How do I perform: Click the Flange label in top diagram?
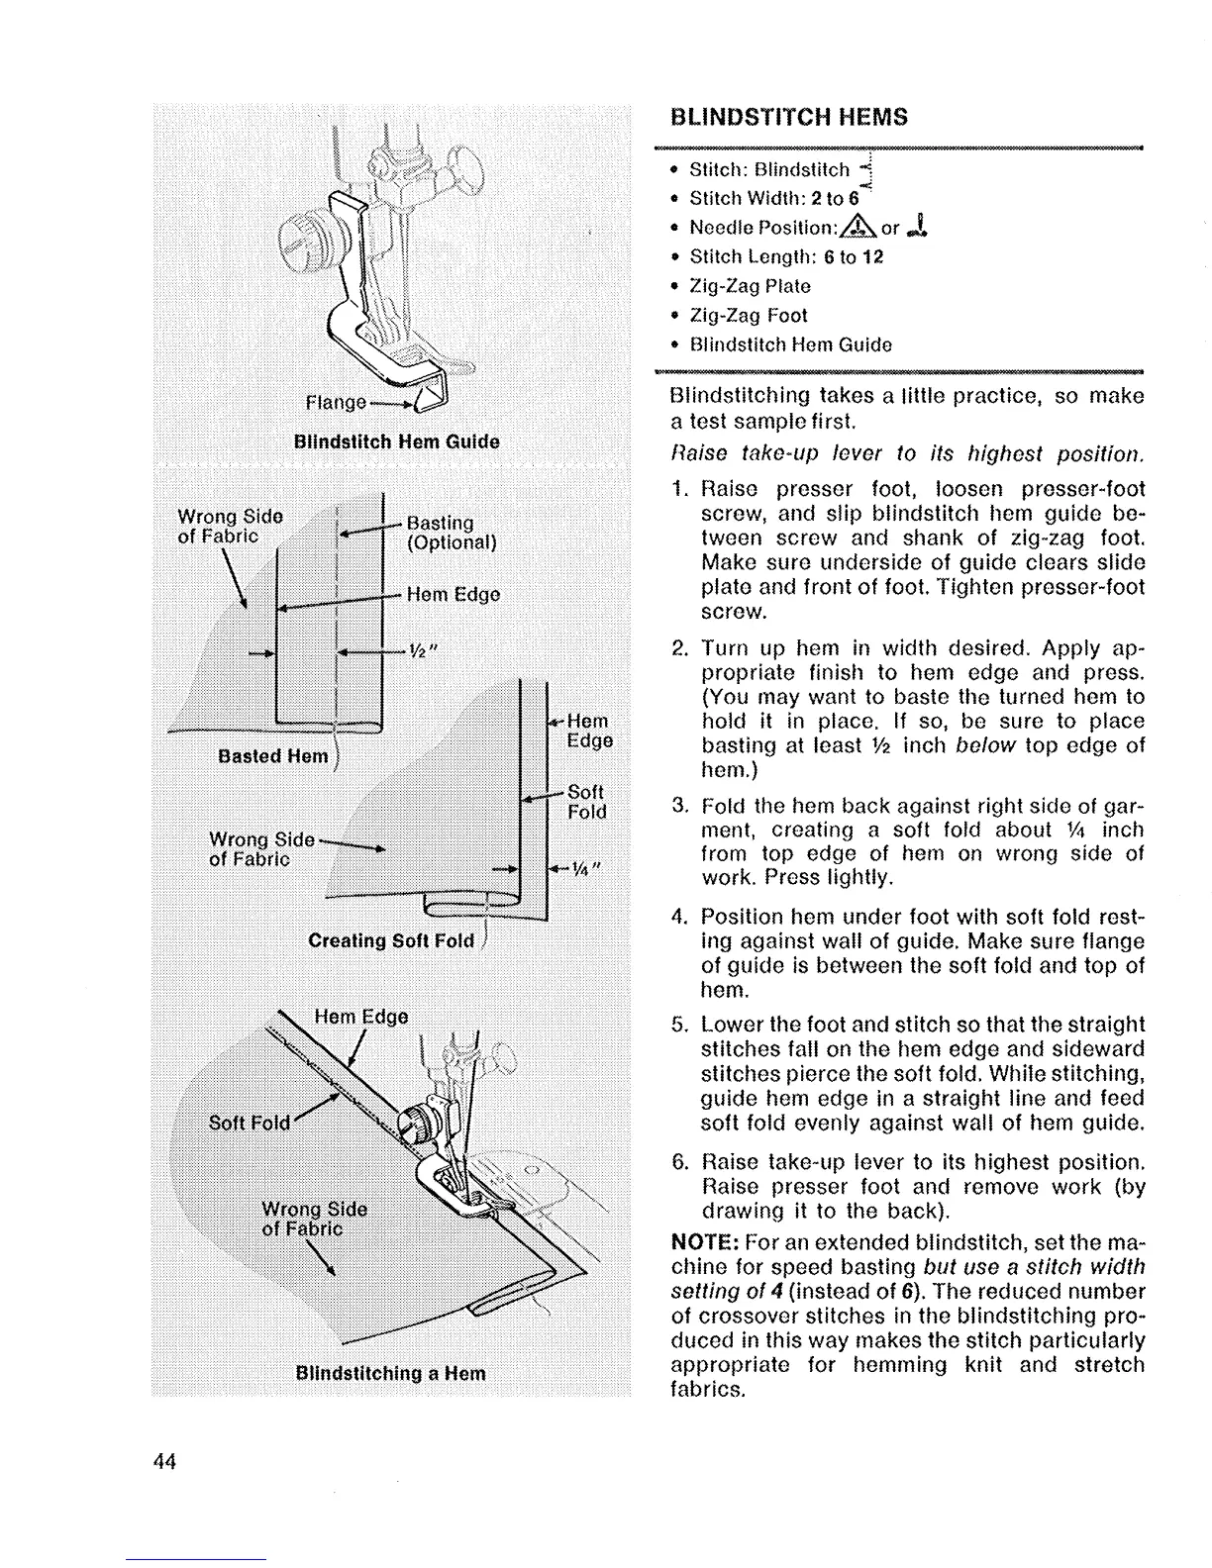335,403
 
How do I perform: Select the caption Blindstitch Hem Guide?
396,441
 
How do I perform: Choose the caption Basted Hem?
272,756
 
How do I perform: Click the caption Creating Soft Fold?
391,939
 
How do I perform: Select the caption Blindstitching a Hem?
391,1373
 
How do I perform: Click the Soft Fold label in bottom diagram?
250,1123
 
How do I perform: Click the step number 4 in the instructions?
679,916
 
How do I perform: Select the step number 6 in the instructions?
679,1161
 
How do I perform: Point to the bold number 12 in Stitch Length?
871,256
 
